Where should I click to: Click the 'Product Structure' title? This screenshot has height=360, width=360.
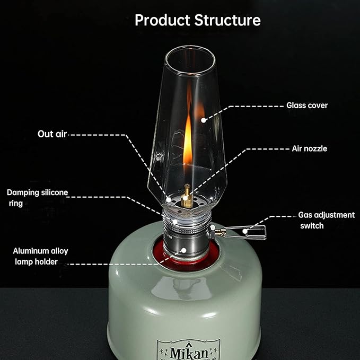coord(198,20)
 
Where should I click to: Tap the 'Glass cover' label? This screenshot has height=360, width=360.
coord(307,106)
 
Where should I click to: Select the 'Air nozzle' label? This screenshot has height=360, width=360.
coord(310,148)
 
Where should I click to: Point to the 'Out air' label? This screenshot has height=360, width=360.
coord(52,134)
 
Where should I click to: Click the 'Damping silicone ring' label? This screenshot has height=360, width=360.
coord(38,198)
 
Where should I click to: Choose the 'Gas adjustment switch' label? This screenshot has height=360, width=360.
coord(326,220)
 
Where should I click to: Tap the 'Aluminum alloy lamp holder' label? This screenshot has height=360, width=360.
coord(40,256)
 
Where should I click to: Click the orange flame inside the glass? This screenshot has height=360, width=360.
coord(188,140)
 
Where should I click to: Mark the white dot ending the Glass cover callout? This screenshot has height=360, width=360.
coord(203,120)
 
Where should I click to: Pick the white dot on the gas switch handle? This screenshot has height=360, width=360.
coord(245,231)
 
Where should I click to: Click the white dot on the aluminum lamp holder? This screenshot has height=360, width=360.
coord(183,250)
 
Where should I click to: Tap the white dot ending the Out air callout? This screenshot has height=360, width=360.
coord(169,199)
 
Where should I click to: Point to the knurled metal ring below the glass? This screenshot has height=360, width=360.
coord(187,229)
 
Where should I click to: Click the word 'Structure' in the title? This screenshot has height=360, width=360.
coord(227,20)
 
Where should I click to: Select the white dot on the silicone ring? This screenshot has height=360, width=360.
coord(175,222)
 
